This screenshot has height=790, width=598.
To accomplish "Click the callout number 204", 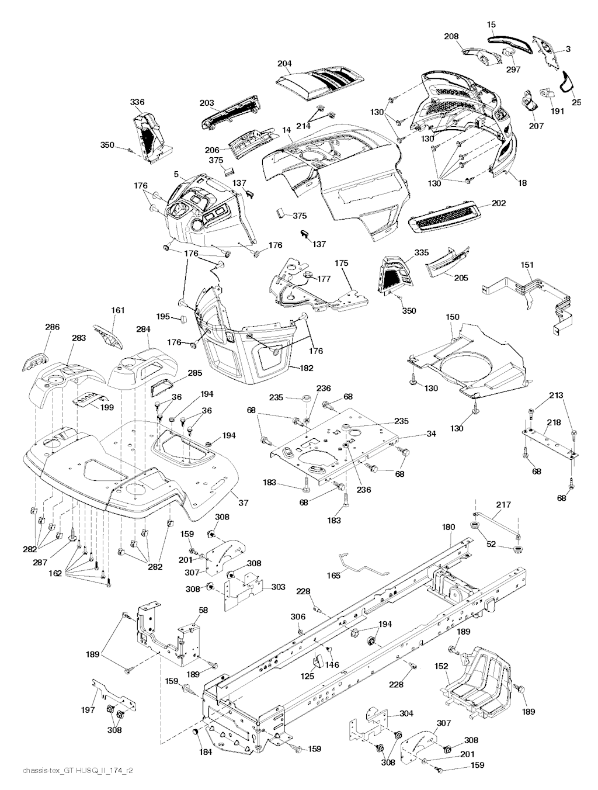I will [x=284, y=64].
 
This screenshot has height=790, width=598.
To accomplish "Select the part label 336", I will [x=137, y=102].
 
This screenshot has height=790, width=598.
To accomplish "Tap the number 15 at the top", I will [x=491, y=25].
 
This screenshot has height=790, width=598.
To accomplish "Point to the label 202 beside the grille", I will [x=499, y=203].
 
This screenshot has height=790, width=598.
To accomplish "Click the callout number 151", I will [x=527, y=265].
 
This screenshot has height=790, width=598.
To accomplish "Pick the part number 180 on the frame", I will [x=448, y=527].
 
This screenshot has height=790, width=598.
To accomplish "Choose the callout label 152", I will [x=441, y=666].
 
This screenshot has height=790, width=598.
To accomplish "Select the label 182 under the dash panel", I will [x=306, y=368].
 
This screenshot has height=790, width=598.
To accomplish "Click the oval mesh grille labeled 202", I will [x=447, y=218].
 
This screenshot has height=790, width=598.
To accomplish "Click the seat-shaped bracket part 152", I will [x=482, y=678].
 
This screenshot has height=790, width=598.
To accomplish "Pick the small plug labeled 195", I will [x=181, y=319].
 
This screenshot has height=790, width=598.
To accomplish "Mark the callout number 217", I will [x=503, y=504].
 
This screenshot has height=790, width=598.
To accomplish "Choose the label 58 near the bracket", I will [x=203, y=610].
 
